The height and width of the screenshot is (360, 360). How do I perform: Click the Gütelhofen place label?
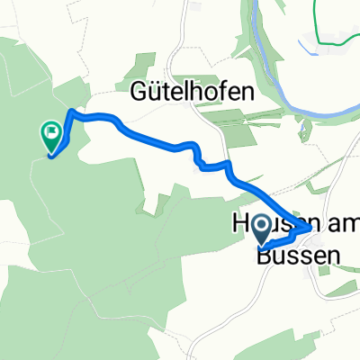tap(193, 92)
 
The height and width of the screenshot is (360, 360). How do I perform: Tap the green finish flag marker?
tap(51, 137)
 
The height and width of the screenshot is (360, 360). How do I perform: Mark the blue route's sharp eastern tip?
tap(310, 229)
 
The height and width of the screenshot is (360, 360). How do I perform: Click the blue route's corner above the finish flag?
tap(70, 113)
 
